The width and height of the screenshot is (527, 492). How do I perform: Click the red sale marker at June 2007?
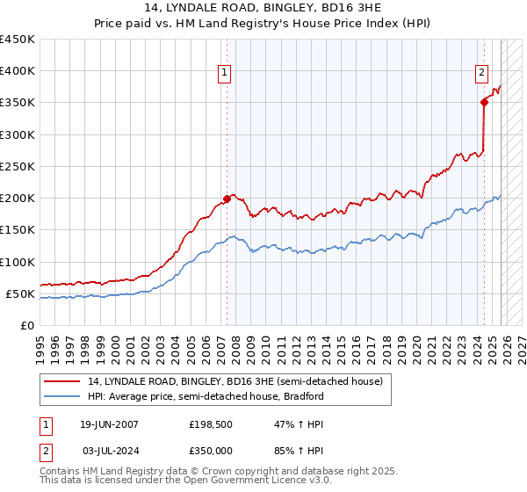(227, 199)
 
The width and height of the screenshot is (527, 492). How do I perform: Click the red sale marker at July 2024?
(484, 102)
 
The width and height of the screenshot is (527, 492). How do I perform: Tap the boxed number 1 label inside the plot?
(226, 74)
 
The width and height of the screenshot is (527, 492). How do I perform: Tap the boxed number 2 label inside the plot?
(482, 74)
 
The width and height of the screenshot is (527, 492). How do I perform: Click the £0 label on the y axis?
(26, 325)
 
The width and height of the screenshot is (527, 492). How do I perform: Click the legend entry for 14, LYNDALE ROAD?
(235, 382)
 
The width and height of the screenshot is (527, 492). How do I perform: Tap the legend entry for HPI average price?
(206, 396)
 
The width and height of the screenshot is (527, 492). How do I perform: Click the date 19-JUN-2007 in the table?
(109, 424)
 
